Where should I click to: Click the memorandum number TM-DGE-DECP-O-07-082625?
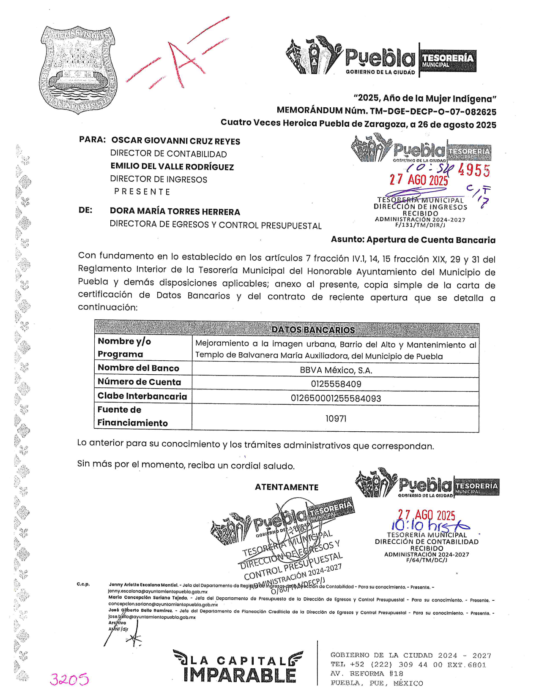(x=433, y=112)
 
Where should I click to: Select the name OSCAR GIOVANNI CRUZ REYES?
(x=175, y=141)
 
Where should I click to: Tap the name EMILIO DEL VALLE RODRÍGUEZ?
(x=172, y=167)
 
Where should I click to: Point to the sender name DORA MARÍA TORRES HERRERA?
(x=175, y=212)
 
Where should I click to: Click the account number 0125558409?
(x=336, y=384)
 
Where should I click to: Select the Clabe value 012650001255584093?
(x=336, y=398)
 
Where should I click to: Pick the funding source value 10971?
(x=336, y=419)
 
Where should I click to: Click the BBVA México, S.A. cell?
(x=336, y=370)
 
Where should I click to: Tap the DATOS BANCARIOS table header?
(x=313, y=330)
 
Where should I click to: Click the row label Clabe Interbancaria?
(x=142, y=396)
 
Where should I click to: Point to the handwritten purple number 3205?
(x=69, y=679)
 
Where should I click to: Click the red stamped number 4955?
(x=474, y=170)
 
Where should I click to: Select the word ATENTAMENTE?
(x=286, y=487)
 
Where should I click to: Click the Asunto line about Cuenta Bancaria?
(x=413, y=240)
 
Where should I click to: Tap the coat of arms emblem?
(x=78, y=70)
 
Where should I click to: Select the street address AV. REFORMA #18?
(x=367, y=674)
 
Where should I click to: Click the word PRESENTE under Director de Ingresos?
(x=142, y=192)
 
